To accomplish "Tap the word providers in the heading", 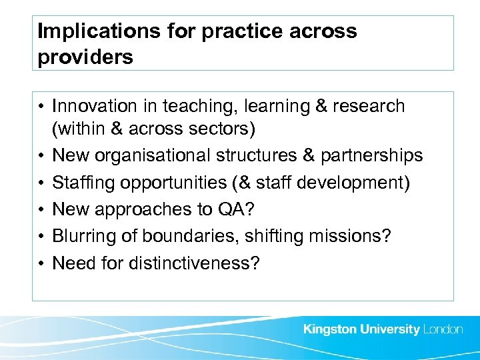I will (85, 57).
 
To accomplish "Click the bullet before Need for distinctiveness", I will (41, 263).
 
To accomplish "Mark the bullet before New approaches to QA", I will (41, 209).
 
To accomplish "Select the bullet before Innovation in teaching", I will (41, 106).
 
